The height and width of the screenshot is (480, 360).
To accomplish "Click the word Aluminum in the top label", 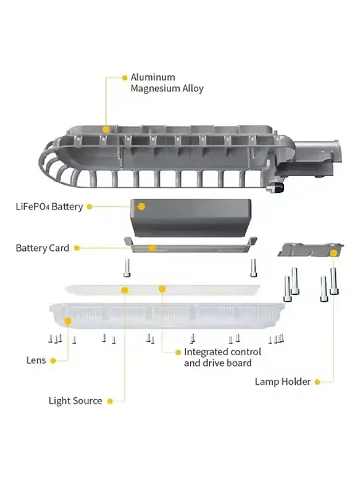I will [x=153, y=77].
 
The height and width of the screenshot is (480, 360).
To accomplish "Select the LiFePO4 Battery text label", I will [x=49, y=206].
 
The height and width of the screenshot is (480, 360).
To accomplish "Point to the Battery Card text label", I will [x=42, y=248].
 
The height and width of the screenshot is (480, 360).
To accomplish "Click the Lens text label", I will [x=36, y=360].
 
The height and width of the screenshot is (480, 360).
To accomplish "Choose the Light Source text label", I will [x=75, y=401].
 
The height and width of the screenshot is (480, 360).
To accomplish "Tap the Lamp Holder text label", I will [x=282, y=382].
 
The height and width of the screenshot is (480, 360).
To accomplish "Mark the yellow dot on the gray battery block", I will [x=141, y=206].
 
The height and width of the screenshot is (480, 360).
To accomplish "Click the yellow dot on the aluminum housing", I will [x=106, y=130].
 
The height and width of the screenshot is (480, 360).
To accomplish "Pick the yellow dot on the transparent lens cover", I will [x=69, y=321].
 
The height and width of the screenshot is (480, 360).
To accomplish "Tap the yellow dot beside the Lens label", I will [x=53, y=360].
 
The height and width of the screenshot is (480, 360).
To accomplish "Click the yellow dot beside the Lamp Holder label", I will [x=317, y=382].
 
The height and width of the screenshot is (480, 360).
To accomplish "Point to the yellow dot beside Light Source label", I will [x=110, y=401].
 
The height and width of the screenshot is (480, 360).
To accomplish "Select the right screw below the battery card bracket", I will [x=253, y=267].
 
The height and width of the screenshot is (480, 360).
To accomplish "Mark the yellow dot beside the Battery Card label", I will [x=77, y=248].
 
